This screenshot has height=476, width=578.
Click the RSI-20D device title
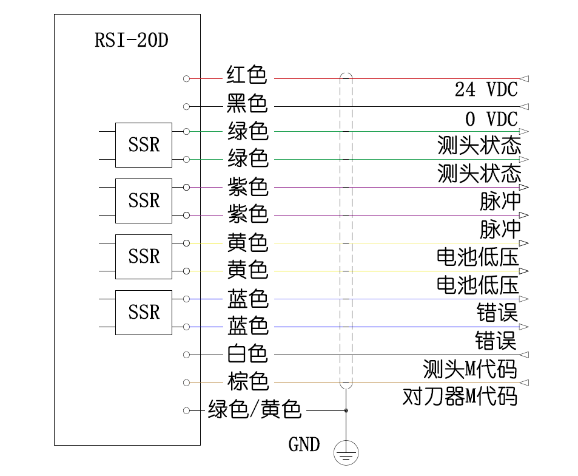131,41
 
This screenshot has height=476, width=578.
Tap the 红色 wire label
247,75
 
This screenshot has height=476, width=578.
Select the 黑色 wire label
247,103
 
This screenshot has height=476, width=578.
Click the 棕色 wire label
247,382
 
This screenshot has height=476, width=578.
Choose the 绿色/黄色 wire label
254,410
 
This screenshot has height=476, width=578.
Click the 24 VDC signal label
486,90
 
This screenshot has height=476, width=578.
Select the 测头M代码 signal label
470,369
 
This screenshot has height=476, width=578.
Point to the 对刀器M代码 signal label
460,397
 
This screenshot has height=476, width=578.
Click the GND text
304,445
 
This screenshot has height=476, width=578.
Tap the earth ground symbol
346,452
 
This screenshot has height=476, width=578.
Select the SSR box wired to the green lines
144,145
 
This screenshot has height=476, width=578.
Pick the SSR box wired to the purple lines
144,201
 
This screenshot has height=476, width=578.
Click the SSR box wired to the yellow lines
144,256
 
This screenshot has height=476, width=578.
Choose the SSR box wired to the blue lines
144,312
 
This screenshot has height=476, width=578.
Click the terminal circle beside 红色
186,78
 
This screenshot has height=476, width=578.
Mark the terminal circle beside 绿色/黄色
186,410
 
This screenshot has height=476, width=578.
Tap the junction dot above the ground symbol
346,410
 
